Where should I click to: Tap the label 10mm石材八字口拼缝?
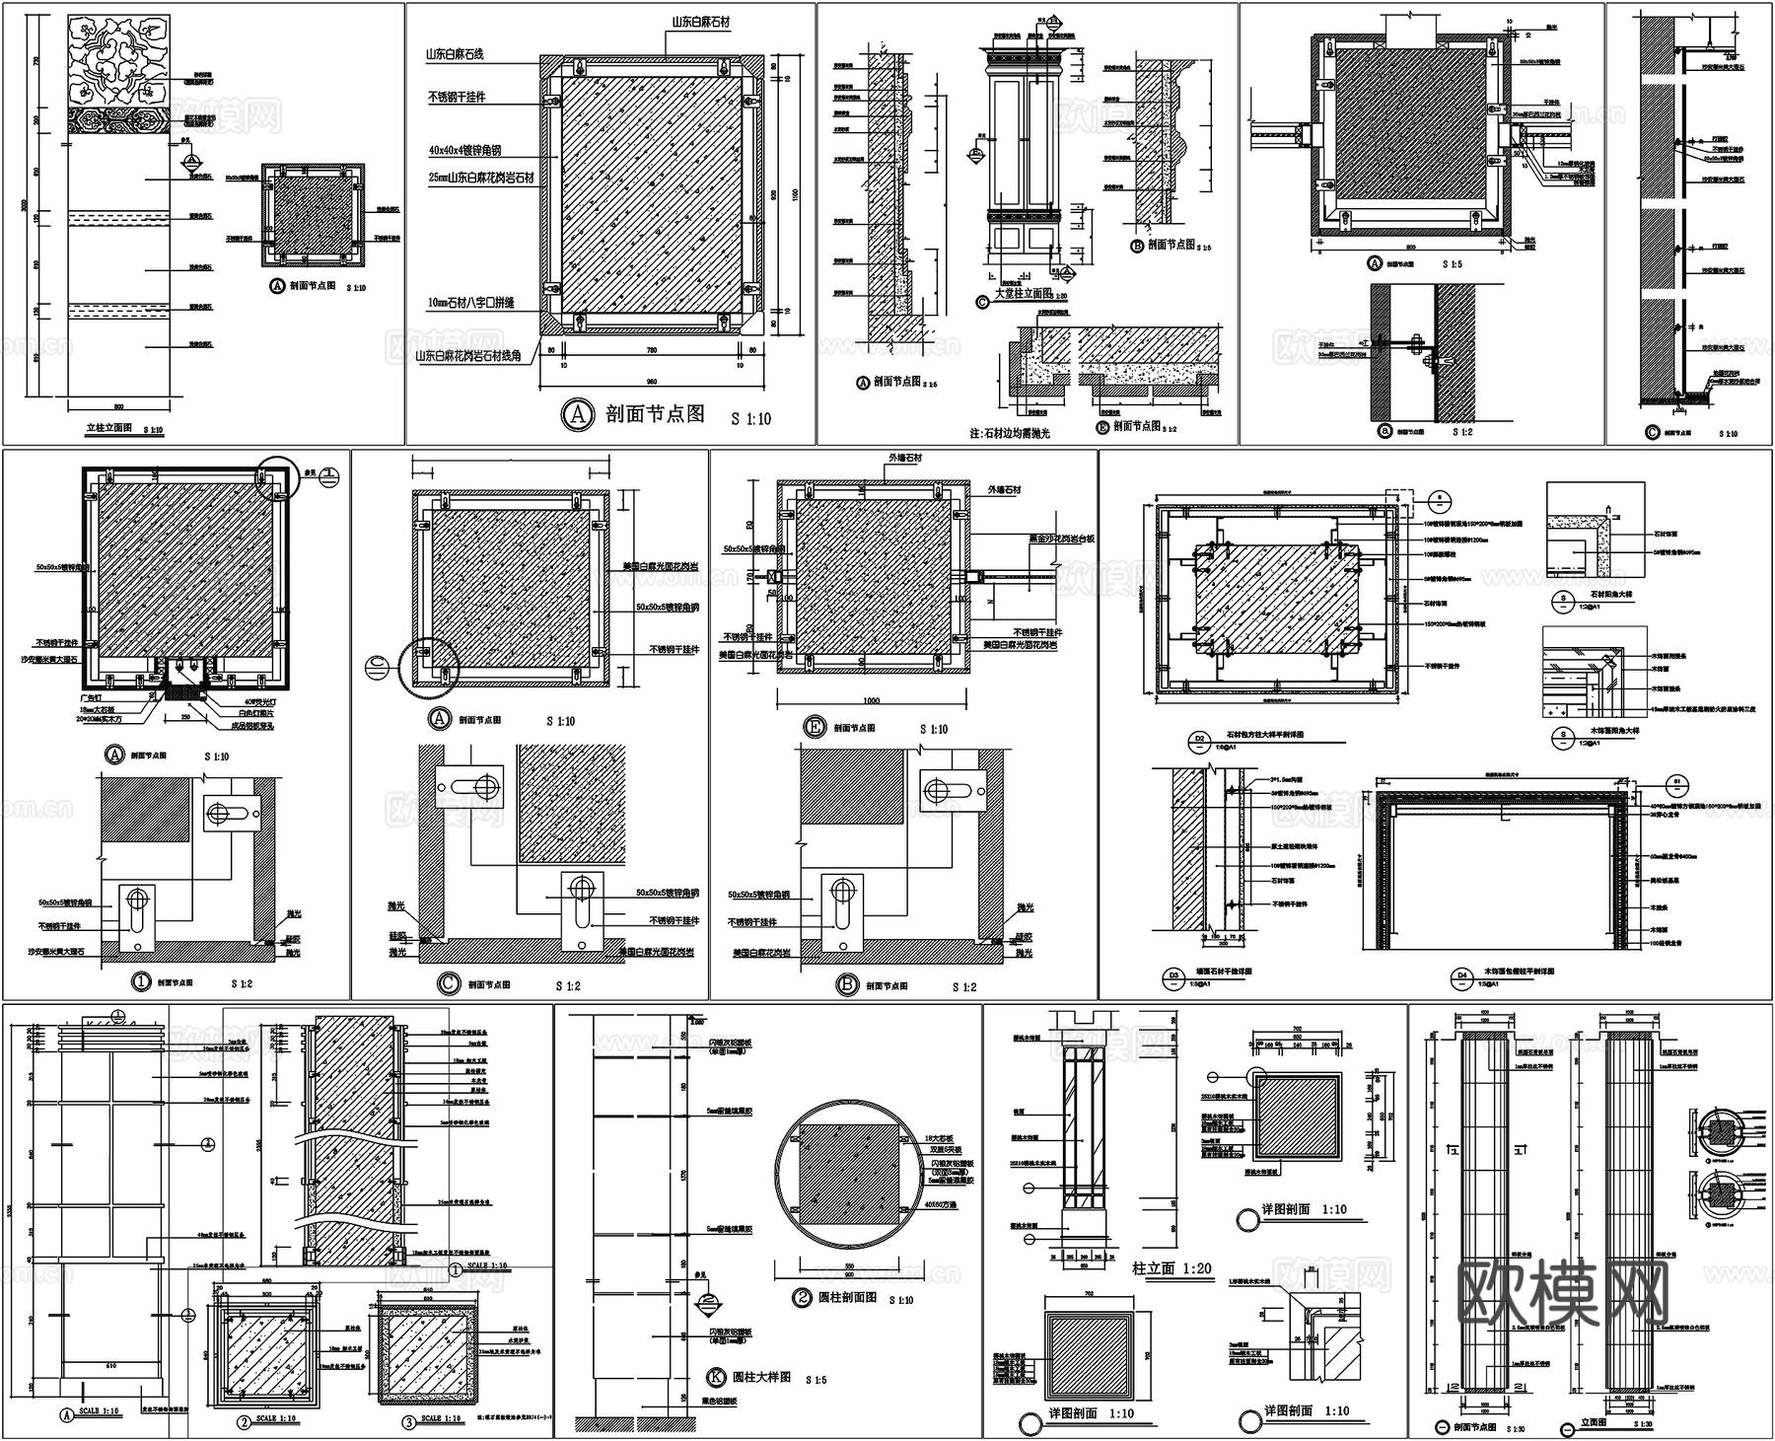(470, 303)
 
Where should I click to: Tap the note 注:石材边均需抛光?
(1010, 432)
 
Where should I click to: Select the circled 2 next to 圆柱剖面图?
(802, 1298)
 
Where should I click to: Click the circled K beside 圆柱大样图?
(716, 1377)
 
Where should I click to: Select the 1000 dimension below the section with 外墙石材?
(870, 699)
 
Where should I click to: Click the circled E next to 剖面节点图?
(815, 729)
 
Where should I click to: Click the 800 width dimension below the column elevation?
(118, 405)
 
